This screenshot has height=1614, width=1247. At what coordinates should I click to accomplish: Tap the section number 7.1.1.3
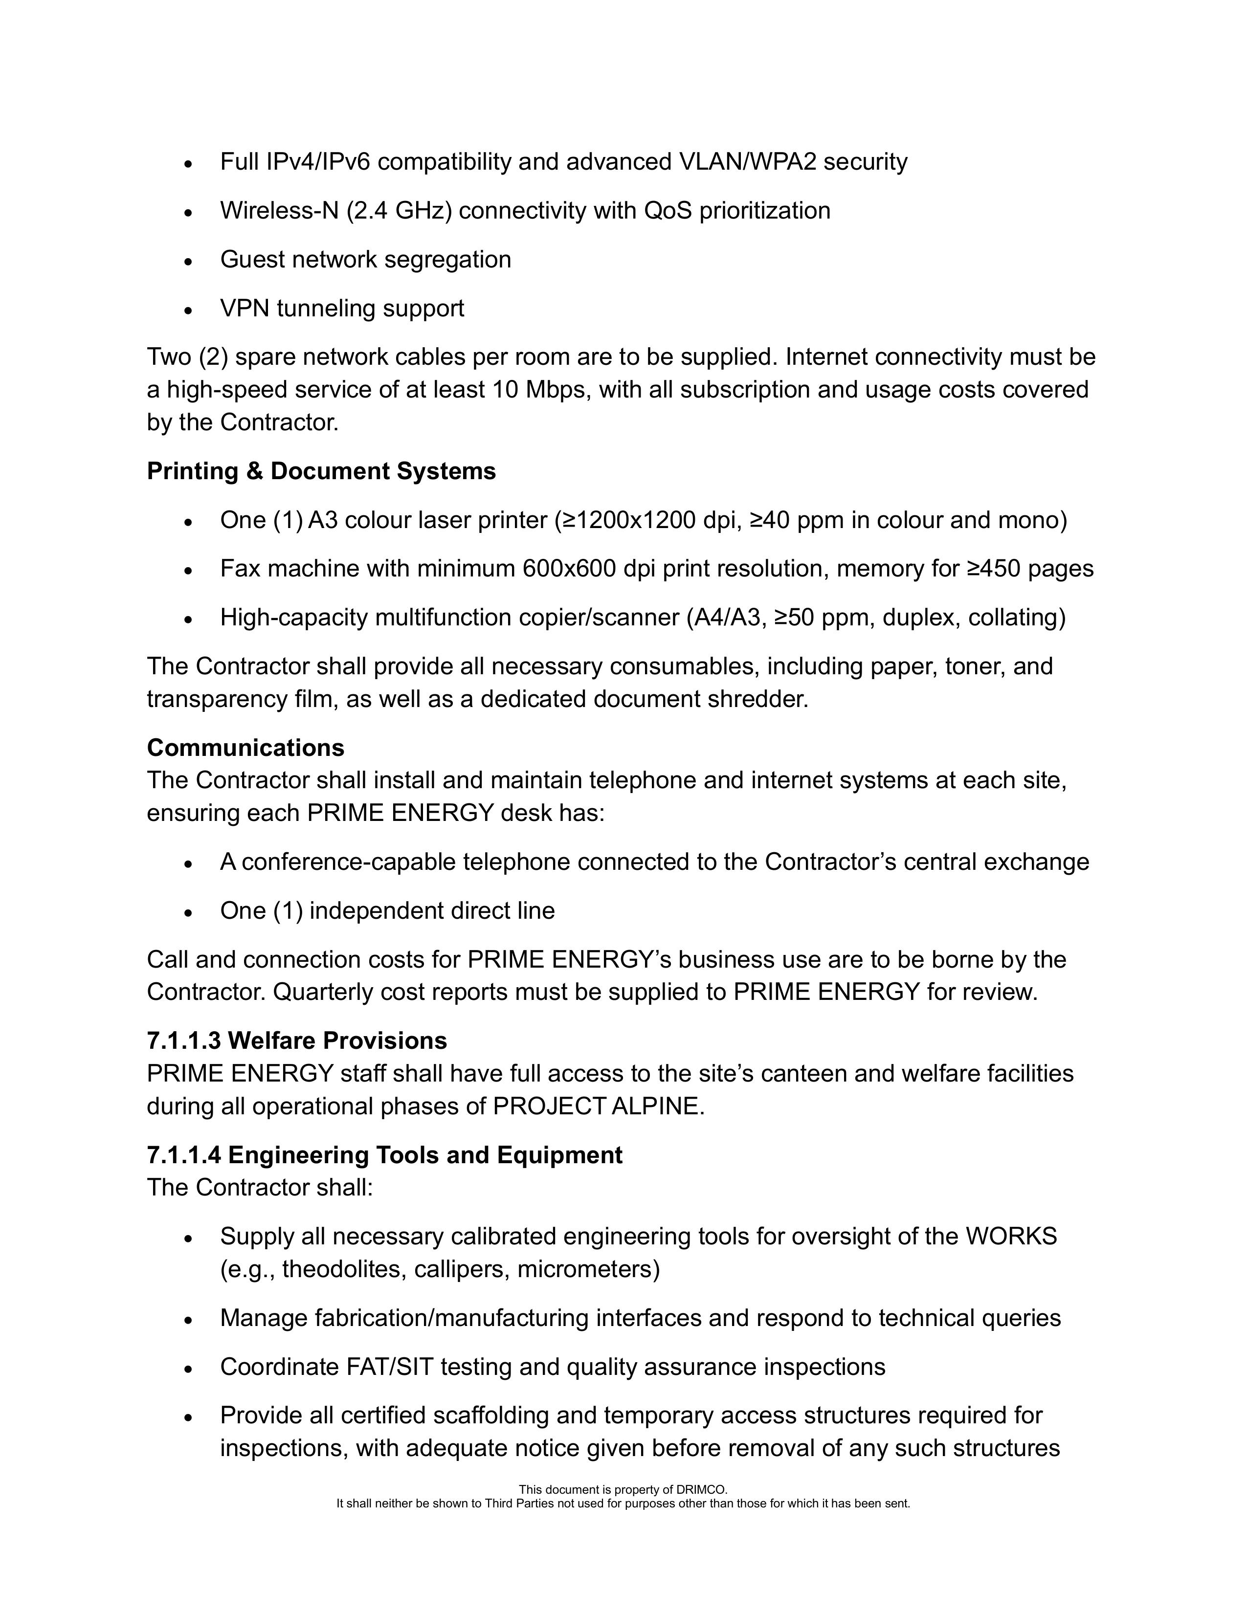pyautogui.click(x=184, y=1040)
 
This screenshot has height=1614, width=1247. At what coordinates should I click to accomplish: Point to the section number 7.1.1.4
pyautogui.click(x=184, y=1154)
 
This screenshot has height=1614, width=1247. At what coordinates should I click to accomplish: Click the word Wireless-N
pyautogui.click(x=279, y=211)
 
